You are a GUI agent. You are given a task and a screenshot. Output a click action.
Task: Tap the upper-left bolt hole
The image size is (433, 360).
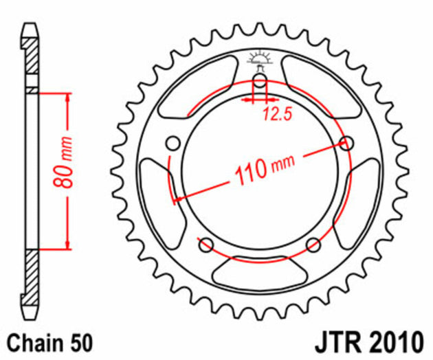coord(173,143)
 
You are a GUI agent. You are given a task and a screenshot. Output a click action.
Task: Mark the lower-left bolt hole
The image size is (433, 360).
coord(204,244)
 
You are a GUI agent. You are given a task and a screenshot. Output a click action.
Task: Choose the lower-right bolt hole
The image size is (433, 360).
coord(313,244)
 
